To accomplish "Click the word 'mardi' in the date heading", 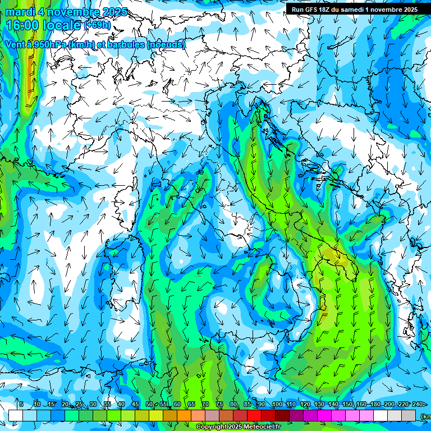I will pos(20,12).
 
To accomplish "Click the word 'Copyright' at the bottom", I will pos(213,427).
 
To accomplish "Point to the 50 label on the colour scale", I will pos(149,404).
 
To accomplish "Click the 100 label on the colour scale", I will pos(277,404).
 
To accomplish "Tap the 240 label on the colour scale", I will pos(418,404).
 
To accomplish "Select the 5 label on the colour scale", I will pos(21,404).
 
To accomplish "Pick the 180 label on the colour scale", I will pos(375,404).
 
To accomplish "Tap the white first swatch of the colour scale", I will pos(16,415).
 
